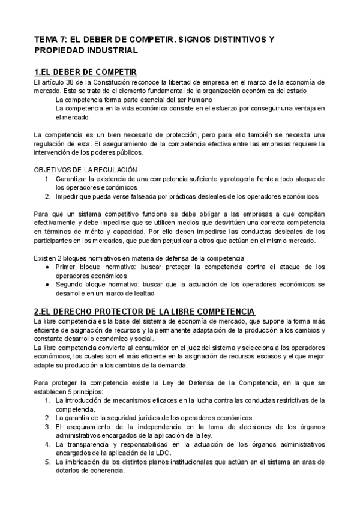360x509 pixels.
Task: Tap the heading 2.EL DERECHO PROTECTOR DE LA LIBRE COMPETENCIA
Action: [x=145, y=311]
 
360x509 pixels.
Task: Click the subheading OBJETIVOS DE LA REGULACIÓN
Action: [x=86, y=170]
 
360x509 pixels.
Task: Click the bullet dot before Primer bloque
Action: [x=48, y=266]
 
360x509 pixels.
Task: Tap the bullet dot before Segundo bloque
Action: [x=48, y=283]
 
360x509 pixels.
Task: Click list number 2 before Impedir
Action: [x=47, y=196]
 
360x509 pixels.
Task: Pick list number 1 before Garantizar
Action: [x=47, y=179]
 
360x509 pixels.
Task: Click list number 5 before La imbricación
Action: [x=47, y=462]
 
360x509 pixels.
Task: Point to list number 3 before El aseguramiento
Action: [x=47, y=427]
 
